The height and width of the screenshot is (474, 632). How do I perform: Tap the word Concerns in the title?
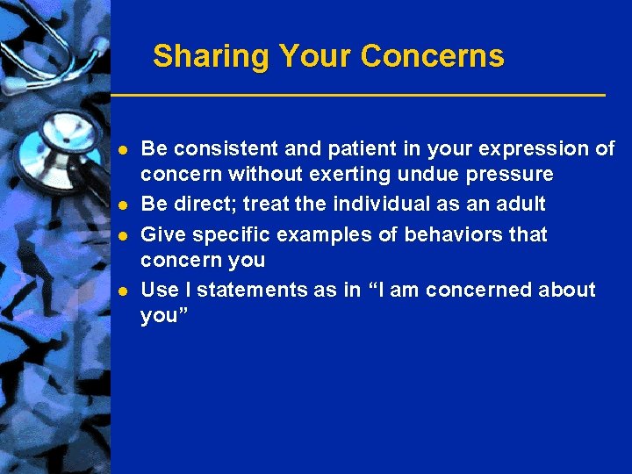pyautogui.click(x=432, y=56)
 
